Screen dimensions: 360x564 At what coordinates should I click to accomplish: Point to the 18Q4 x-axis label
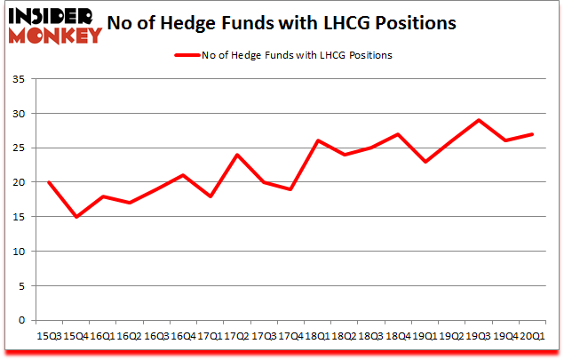[x=398, y=336]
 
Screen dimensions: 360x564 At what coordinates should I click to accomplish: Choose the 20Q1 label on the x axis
[x=532, y=336]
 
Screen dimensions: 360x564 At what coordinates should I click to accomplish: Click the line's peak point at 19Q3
[x=479, y=121]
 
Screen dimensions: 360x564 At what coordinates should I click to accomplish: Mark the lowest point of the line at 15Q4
[x=75, y=217]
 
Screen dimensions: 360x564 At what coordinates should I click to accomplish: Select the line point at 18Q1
[x=318, y=141]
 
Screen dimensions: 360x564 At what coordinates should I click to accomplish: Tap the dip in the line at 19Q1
[x=425, y=162]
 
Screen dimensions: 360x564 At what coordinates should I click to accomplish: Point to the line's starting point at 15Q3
[x=49, y=182]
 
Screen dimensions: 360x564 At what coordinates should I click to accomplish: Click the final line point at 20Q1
[x=532, y=134]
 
